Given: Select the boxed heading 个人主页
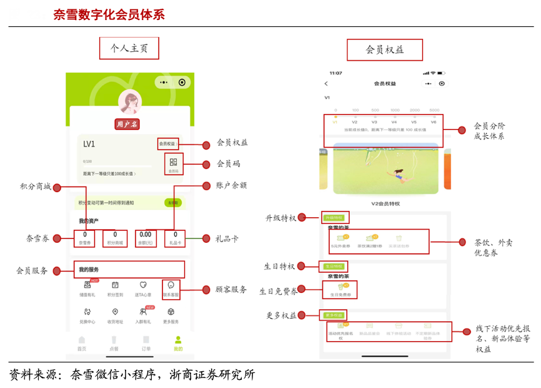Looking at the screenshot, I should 129,48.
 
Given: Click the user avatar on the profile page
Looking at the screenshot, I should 130,101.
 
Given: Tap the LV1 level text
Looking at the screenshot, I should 89,145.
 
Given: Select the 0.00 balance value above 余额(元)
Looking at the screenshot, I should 146,235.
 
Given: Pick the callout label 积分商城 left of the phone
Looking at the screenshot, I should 35,186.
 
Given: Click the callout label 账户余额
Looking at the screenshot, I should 230,185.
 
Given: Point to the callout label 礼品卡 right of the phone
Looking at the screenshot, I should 227,238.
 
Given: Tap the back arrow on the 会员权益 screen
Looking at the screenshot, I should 325,84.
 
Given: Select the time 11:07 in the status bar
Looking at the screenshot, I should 335,73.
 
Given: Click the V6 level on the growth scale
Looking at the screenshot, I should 434,122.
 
